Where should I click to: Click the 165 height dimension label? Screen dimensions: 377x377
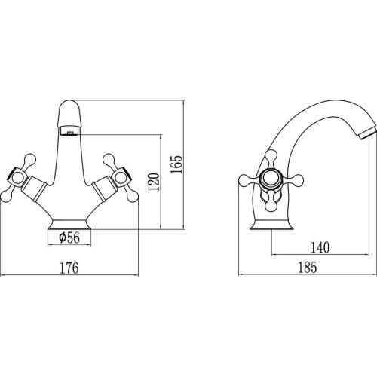(176, 164)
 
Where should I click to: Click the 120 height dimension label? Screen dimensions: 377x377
(154, 182)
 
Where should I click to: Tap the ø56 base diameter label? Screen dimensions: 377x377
(69, 238)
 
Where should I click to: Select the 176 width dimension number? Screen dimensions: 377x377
(69, 268)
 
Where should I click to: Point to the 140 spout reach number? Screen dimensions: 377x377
(320, 247)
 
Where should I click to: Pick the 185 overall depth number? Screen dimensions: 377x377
(308, 268)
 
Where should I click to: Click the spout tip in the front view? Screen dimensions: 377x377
(69, 114)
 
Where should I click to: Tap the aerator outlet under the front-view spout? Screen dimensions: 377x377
(70, 131)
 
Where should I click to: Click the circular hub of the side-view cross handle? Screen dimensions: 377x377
(271, 180)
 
